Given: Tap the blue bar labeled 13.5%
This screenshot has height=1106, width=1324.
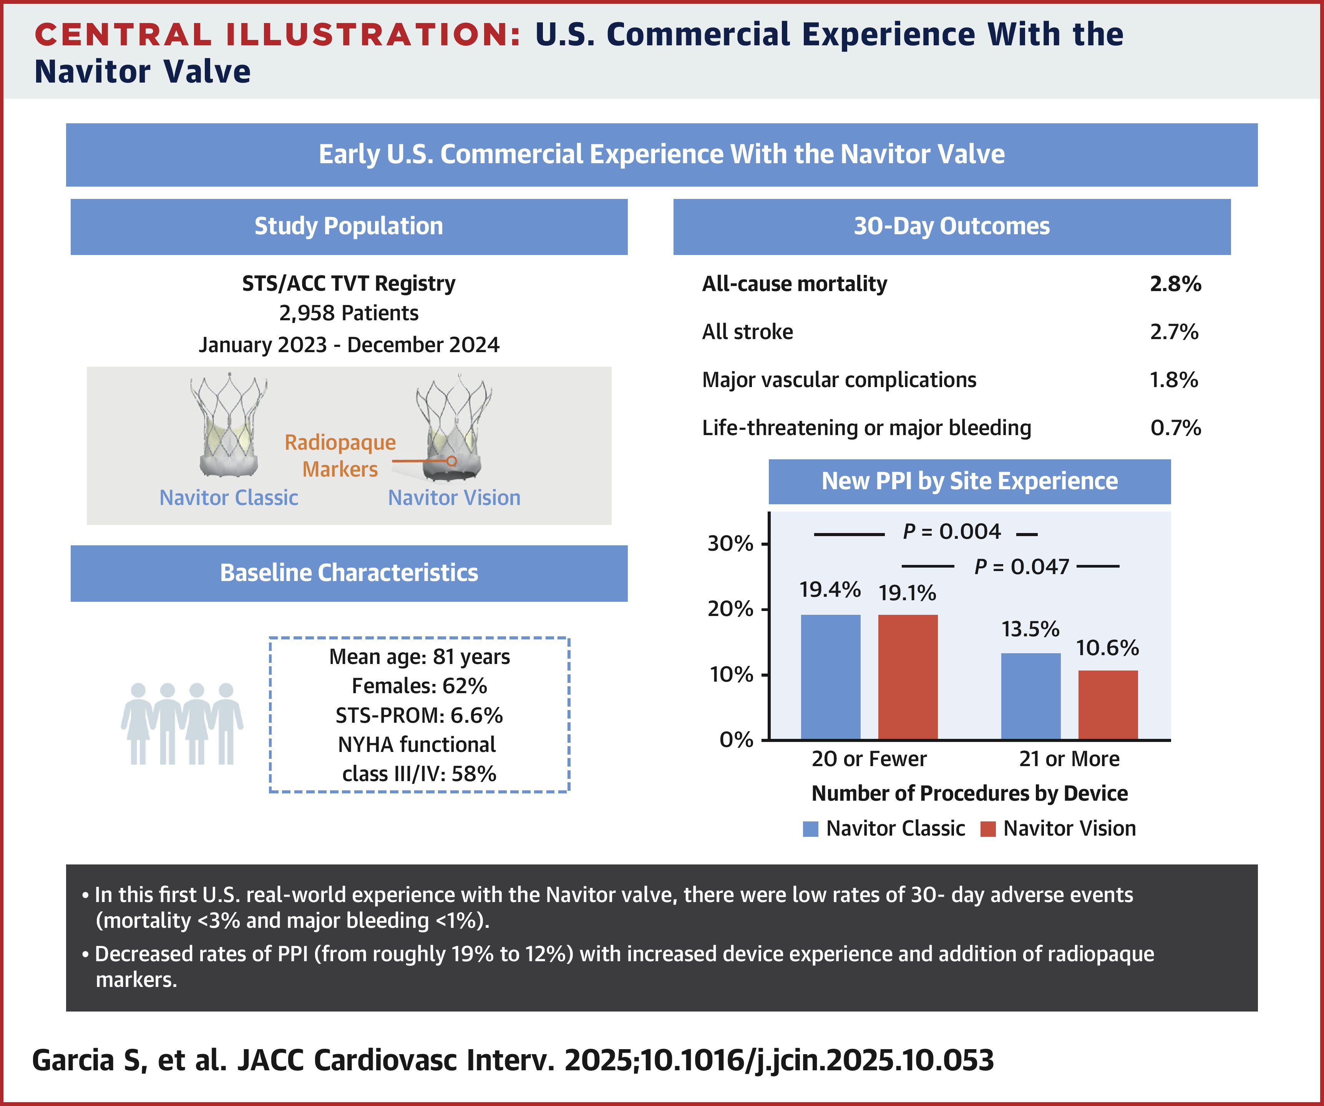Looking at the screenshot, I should (1031, 696).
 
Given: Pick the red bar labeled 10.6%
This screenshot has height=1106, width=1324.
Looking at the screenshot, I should (1108, 705).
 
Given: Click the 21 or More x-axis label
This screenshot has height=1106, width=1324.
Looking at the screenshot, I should (1069, 759).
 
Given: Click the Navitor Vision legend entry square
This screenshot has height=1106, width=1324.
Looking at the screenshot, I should (988, 829).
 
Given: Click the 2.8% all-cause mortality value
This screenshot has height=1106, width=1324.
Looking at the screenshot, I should (1175, 284).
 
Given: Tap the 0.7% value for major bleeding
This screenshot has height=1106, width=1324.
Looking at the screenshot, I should (1175, 428).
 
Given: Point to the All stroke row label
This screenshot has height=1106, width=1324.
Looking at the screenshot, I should (747, 332).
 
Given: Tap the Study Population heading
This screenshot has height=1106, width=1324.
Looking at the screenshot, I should (348, 226).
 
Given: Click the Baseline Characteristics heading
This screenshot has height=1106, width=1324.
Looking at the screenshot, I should (348, 573).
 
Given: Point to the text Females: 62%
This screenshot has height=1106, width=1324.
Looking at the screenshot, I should (419, 685).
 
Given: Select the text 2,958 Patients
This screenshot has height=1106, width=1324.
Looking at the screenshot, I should (348, 313).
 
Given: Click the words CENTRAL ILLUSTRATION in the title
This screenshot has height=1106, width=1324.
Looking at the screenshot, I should (277, 35).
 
